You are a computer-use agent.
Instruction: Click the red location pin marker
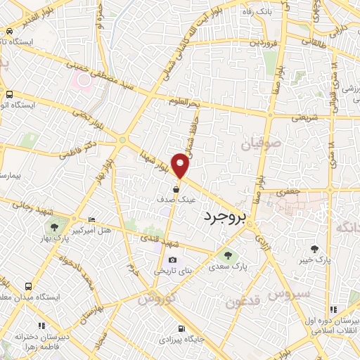[x=181, y=165]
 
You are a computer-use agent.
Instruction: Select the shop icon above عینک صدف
[x=176, y=188]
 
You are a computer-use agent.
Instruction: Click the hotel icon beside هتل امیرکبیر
[x=92, y=220]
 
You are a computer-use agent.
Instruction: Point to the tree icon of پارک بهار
[x=53, y=226]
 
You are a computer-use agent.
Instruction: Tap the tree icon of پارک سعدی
[x=226, y=254]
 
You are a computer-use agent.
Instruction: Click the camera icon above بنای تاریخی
[x=172, y=259]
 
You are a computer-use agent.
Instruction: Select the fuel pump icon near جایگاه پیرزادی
[x=181, y=328]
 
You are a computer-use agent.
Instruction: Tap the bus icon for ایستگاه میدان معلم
[x=29, y=287]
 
